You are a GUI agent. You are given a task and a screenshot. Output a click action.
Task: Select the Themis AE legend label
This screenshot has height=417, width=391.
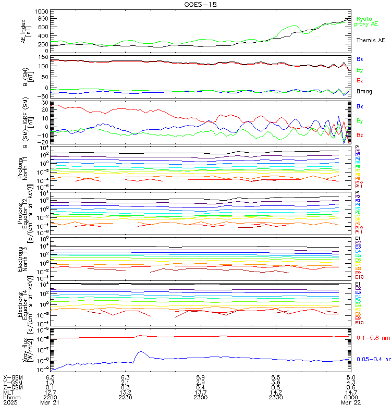click(370, 40)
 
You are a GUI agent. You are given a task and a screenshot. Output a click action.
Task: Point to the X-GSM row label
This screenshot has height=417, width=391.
click(13, 377)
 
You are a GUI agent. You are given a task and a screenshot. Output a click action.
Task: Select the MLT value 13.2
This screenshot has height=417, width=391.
click(125, 392)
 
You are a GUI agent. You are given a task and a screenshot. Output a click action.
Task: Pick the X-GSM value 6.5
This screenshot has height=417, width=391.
click(50, 377)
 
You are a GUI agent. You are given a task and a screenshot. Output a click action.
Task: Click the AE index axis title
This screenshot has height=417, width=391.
click(26, 31)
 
